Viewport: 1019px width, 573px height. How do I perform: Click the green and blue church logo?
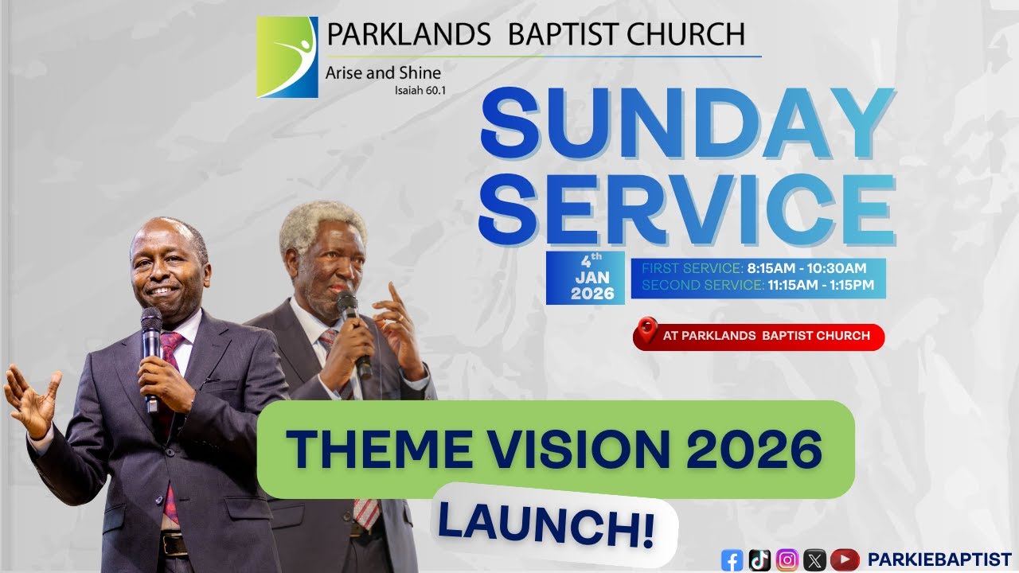287,57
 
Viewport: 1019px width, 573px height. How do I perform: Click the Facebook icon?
732,560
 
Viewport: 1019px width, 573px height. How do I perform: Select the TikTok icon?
759,560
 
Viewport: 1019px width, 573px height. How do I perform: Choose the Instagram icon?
787,560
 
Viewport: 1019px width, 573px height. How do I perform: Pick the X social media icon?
814,560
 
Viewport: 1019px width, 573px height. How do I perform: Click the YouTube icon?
844,560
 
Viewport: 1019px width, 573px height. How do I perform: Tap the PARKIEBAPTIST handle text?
939,559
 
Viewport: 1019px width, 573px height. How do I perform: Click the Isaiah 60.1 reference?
420,90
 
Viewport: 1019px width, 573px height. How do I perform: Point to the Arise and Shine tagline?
383,72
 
